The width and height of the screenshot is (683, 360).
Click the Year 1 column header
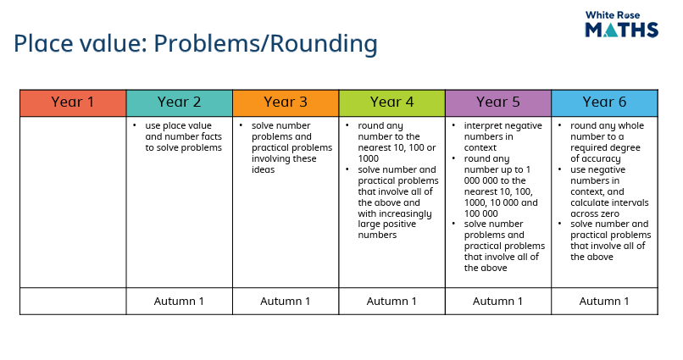[x=73, y=102]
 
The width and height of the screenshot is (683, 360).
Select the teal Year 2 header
[x=179, y=102]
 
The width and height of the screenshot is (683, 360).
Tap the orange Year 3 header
[x=286, y=102]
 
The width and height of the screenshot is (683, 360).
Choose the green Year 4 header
[x=391, y=102]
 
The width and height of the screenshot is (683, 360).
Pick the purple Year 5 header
[x=498, y=102]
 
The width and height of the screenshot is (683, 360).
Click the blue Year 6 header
[x=604, y=102]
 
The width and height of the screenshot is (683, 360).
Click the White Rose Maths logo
[x=622, y=25]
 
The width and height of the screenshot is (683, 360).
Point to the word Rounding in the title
[x=323, y=44]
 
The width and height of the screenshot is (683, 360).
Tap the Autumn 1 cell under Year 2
[x=179, y=301]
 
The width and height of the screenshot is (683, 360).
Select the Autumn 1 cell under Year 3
[x=286, y=301]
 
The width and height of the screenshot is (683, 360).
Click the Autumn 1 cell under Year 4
[x=391, y=301]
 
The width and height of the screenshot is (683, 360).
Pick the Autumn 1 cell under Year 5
[x=498, y=301]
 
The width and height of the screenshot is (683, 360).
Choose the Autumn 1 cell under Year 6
[x=604, y=301]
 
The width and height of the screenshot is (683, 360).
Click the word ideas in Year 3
[x=263, y=169]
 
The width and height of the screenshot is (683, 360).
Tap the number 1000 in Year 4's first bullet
[x=369, y=158]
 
